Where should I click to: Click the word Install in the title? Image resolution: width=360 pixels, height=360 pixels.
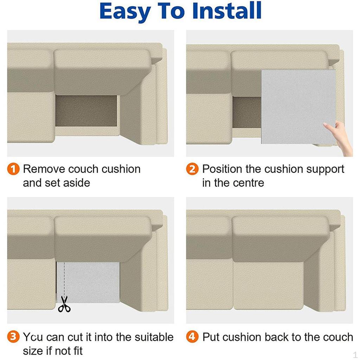point(227,11)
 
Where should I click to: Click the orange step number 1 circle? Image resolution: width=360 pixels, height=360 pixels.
point(13,169)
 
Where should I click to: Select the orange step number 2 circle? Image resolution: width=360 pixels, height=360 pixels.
point(192,169)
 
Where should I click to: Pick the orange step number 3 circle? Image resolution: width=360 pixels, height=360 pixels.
point(13,337)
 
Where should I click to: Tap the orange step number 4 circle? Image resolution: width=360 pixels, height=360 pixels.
point(192,337)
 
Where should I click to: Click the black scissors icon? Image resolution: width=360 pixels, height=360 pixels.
point(64,304)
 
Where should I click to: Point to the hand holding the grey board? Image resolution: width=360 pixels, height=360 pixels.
point(340,138)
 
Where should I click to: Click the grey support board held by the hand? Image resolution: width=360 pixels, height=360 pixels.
point(298,107)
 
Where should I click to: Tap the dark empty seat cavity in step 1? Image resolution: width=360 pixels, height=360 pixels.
point(86,111)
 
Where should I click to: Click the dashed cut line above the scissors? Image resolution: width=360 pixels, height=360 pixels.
point(64,279)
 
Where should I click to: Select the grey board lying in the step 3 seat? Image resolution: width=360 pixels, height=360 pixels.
point(88,282)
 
